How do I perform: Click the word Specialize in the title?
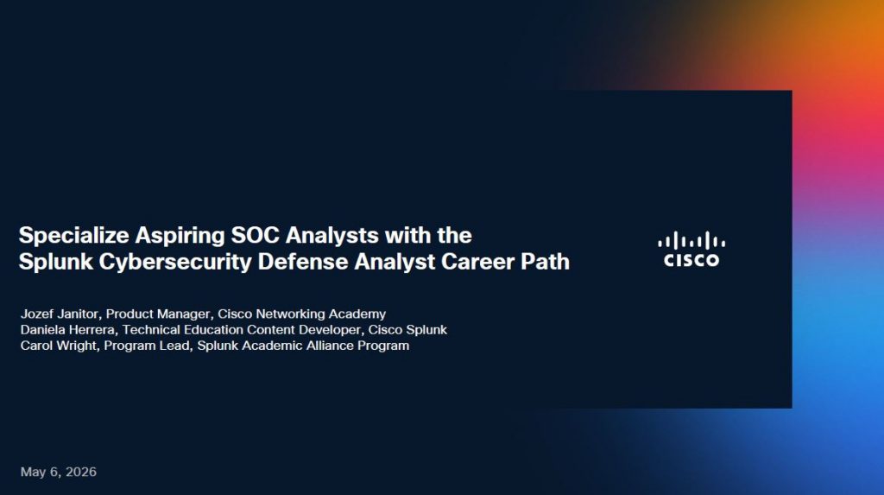pos(74,236)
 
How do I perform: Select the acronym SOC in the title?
pos(255,235)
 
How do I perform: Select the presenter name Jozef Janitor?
pos(60,314)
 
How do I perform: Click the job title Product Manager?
pos(158,314)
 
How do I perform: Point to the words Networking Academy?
pos(321,314)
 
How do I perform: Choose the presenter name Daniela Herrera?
pos(67,330)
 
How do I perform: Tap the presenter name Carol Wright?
pos(59,346)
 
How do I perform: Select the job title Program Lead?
pos(147,346)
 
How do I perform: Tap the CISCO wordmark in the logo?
pos(691,260)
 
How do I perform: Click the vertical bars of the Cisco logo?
pos(691,240)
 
